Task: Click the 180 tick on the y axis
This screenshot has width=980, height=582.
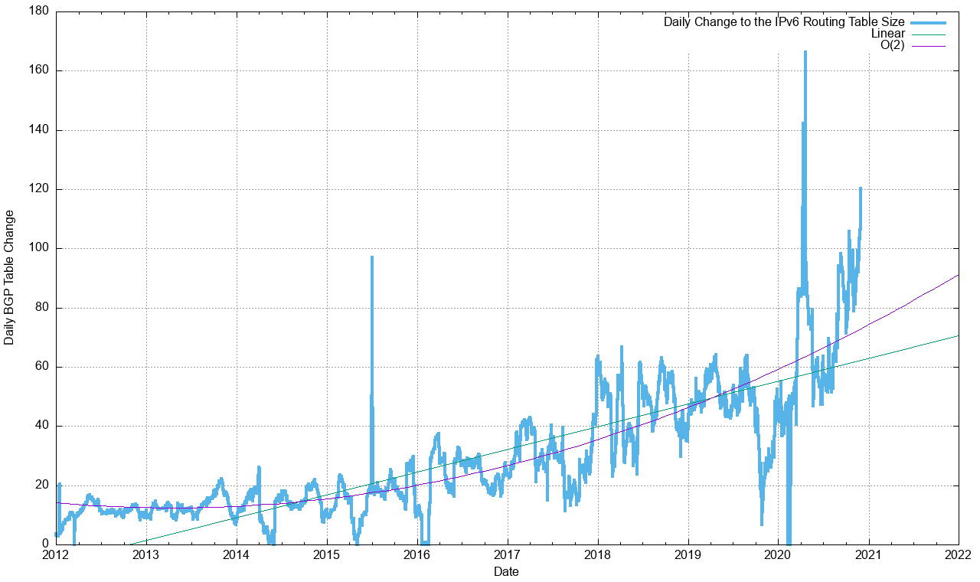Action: (x=39, y=11)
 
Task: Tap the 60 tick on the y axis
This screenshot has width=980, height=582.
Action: (x=42, y=366)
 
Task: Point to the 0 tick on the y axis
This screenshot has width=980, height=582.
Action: (x=45, y=544)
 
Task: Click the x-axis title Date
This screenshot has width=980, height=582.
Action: (x=506, y=571)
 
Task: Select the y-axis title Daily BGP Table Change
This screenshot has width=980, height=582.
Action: (x=9, y=277)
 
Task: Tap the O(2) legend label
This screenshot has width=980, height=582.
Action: (x=892, y=46)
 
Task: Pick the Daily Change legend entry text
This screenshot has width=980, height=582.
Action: (x=784, y=22)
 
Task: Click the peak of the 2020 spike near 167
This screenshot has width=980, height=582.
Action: (x=805, y=52)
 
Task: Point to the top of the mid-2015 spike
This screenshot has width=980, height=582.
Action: (x=372, y=257)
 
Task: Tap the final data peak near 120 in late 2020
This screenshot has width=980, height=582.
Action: (x=861, y=188)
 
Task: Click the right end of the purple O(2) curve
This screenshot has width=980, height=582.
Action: (x=958, y=275)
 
